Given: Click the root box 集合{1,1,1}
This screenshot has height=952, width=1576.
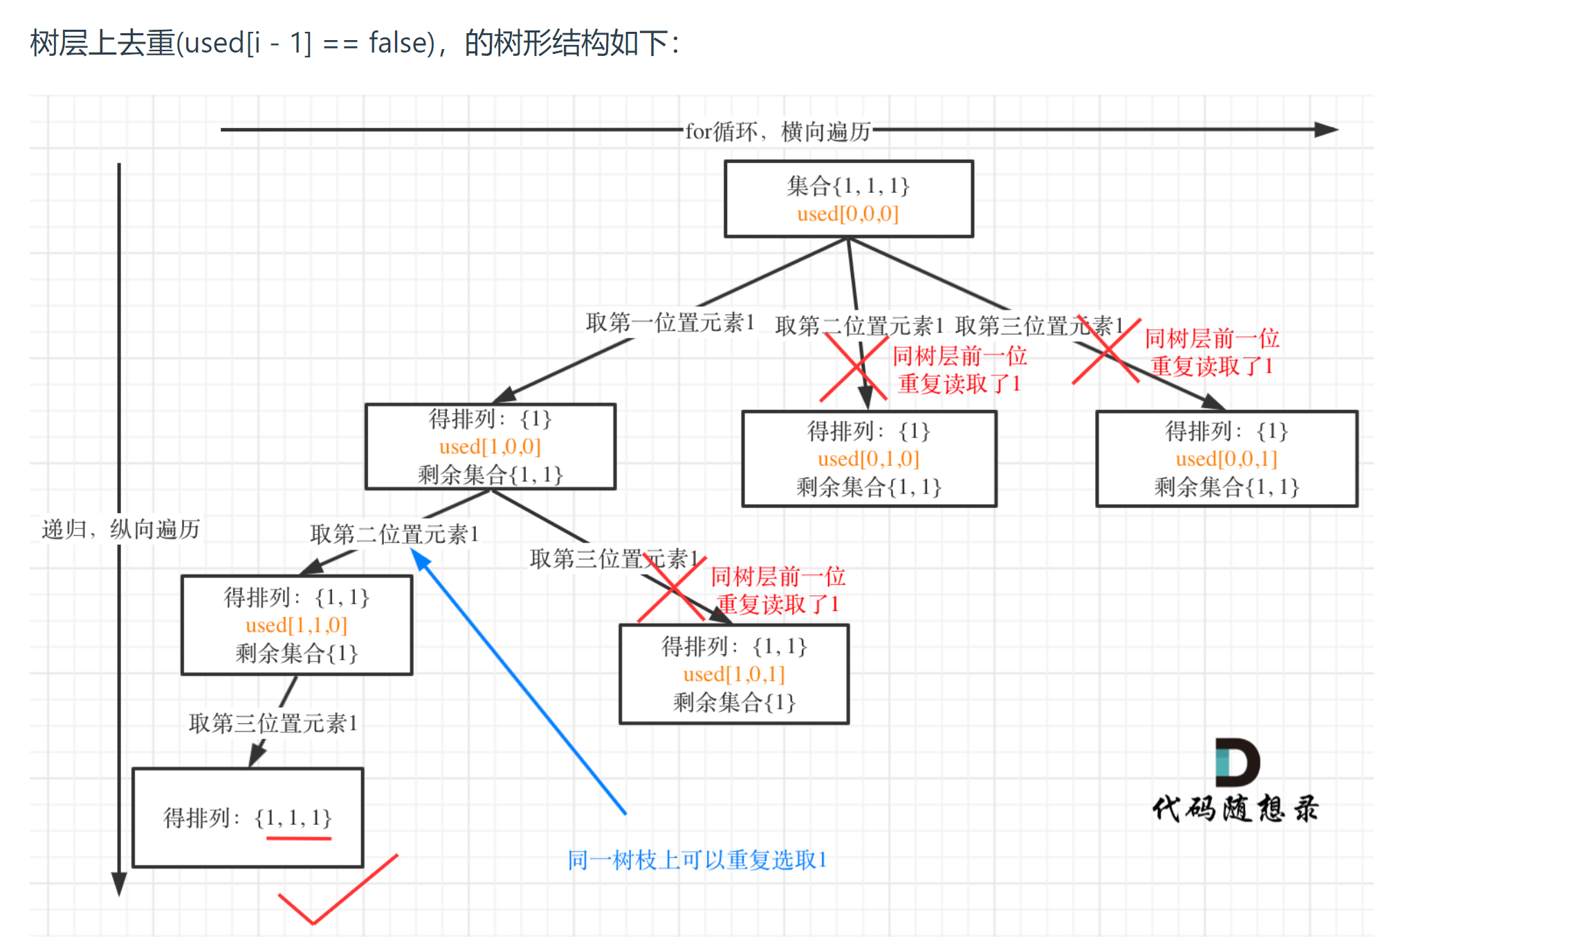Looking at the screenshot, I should [848, 198].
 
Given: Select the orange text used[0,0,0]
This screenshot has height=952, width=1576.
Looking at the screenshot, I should [847, 214].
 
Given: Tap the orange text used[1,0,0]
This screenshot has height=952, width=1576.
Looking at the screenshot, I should [490, 447].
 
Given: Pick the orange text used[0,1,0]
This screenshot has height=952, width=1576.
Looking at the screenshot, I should [868, 459].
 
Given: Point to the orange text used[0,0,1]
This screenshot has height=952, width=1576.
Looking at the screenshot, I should [1226, 459].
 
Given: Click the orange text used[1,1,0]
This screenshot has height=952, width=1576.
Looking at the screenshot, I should [296, 625].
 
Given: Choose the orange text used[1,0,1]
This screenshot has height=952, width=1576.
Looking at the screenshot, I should [734, 674].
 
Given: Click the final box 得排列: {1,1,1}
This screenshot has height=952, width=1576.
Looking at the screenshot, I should [248, 817].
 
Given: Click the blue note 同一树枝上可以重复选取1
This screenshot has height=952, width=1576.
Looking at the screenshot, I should [697, 860].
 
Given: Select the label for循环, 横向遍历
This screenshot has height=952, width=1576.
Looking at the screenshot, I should [778, 131].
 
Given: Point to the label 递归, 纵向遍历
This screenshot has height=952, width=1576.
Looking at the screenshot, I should [120, 530].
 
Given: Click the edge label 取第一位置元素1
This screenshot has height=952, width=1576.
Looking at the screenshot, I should [670, 322].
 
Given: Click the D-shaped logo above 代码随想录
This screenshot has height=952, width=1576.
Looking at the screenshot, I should [1237, 762].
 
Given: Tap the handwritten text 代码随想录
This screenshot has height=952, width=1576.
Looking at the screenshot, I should [1236, 808].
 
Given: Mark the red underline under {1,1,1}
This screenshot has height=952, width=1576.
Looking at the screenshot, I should [299, 839].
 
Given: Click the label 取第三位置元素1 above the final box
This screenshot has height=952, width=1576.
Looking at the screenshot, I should [273, 723].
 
